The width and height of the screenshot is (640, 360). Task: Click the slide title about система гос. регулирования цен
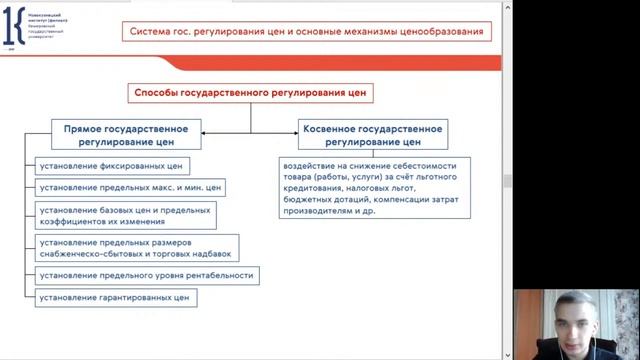306,32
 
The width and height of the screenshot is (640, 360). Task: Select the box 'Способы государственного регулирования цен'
250,93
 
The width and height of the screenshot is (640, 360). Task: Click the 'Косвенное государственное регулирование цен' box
371,135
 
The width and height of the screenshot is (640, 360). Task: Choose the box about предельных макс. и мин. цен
130,187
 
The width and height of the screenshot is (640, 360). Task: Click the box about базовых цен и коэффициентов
125,216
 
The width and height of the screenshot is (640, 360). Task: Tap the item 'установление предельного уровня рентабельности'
146,275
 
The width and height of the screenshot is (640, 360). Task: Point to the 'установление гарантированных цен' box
115,297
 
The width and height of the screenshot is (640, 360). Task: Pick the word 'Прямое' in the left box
81,129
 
